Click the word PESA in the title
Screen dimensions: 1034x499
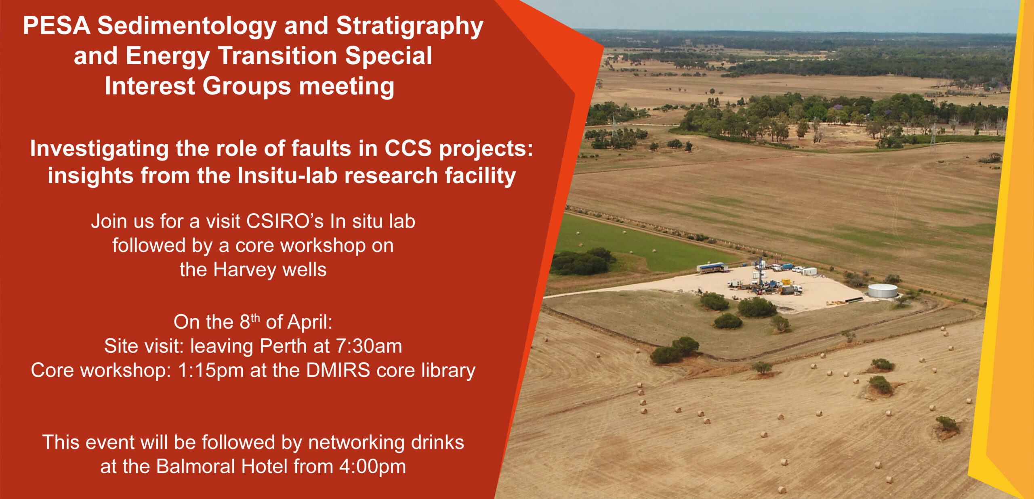57,26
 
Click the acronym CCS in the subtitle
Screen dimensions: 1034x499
408,149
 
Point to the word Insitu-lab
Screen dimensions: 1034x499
287,176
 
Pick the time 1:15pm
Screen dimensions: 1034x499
211,371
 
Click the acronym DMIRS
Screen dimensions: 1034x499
338,371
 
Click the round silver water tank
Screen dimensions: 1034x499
883,290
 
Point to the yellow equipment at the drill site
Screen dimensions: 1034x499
786,282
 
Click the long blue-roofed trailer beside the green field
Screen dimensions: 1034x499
712,267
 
